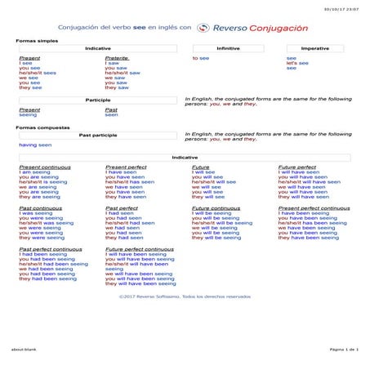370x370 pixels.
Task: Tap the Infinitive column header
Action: [228, 49]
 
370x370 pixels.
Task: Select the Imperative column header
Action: [314, 49]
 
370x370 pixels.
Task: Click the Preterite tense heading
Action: [117, 59]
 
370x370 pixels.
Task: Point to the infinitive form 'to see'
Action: [201, 59]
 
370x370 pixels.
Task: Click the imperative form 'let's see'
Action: [297, 64]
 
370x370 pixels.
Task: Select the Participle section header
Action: [98, 100]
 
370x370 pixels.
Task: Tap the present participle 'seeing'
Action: [28, 115]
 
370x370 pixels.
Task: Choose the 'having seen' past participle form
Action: [35, 145]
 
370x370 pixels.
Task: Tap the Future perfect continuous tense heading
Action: [140, 248]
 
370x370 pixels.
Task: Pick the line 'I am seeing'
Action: [34, 172]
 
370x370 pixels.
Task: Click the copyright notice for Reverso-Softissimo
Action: [185, 296]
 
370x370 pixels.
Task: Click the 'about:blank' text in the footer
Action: [22, 349]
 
